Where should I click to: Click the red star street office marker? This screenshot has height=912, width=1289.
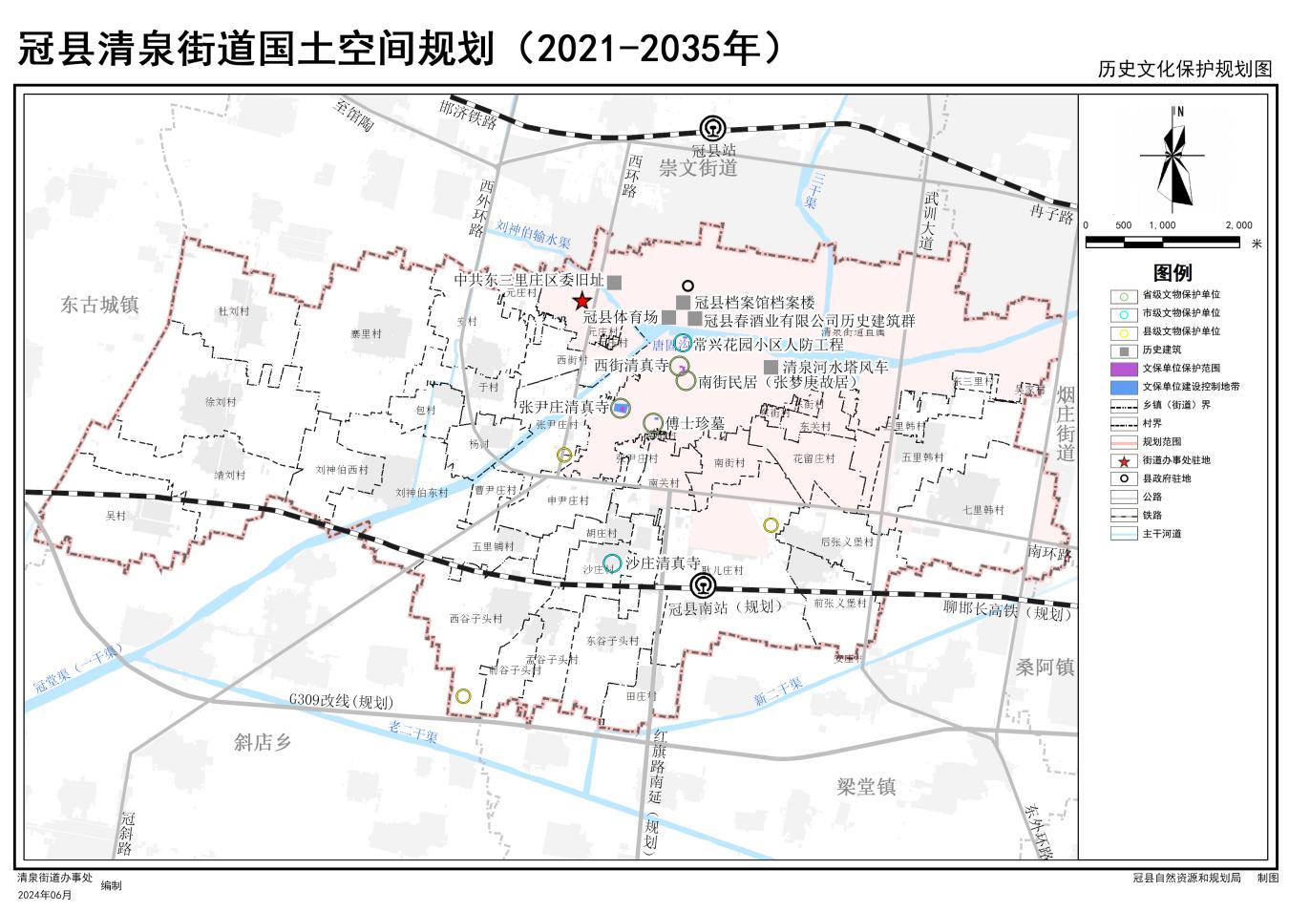(x=581, y=301)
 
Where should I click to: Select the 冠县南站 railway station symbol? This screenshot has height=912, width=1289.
(x=703, y=585)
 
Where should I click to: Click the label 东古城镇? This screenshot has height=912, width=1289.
(x=99, y=305)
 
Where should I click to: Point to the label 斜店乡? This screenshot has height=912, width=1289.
(x=263, y=742)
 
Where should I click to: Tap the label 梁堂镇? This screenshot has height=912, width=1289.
(x=866, y=787)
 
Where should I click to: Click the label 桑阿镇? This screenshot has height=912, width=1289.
(x=1045, y=668)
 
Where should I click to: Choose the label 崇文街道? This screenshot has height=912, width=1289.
(x=698, y=168)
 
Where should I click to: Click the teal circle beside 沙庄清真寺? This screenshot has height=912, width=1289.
(x=612, y=563)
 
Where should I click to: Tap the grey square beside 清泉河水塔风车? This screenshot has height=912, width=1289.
(x=771, y=367)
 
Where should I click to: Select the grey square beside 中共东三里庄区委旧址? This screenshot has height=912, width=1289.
(x=615, y=282)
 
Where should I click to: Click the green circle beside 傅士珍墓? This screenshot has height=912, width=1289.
(x=653, y=422)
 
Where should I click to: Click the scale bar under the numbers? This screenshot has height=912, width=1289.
(x=1162, y=243)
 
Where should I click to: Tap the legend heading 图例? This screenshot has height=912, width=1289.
(x=1173, y=272)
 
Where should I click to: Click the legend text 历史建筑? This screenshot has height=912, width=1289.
(x=1162, y=350)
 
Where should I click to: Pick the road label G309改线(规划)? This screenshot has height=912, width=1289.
(x=342, y=702)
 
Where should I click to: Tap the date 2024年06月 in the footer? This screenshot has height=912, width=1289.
(x=45, y=895)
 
